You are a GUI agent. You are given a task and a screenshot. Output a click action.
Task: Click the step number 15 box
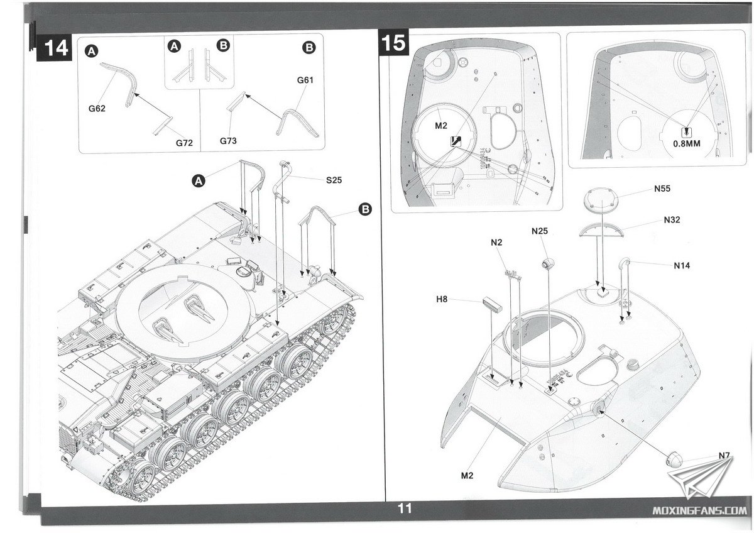(x=394, y=44)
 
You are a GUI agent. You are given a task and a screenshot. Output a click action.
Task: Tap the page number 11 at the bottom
(x=404, y=508)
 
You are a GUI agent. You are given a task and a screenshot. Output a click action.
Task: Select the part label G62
(x=97, y=108)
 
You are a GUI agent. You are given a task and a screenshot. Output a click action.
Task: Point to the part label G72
(x=184, y=143)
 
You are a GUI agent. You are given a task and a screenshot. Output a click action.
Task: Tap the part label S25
(x=334, y=180)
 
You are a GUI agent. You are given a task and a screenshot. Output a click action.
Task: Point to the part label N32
(x=672, y=220)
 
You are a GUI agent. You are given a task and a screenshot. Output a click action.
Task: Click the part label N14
(x=682, y=266)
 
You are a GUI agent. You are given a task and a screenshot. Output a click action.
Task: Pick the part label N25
(x=540, y=231)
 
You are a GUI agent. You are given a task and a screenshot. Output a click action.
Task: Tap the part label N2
(x=497, y=242)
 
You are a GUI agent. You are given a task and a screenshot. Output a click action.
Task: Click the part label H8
(x=442, y=299)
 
